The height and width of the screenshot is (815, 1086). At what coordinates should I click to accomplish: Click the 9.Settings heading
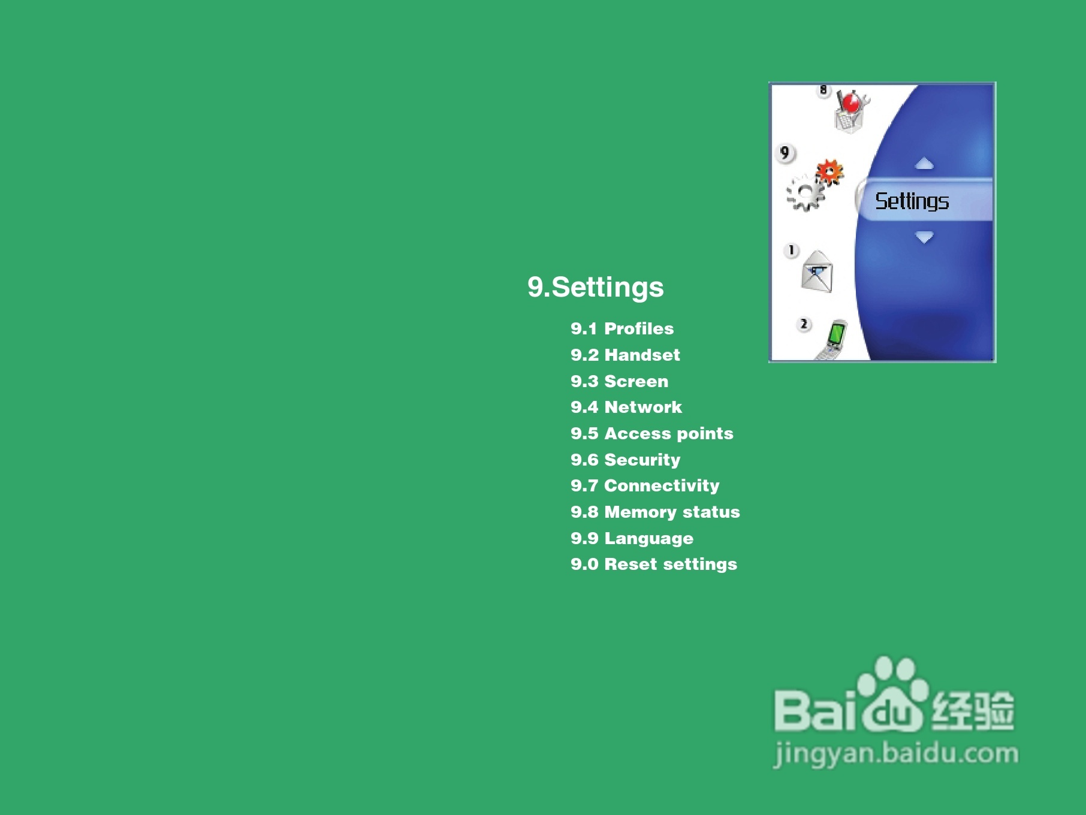[596, 288]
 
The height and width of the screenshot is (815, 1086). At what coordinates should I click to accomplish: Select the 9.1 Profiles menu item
[622, 328]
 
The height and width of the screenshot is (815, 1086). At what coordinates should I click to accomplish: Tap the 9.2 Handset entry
[625, 355]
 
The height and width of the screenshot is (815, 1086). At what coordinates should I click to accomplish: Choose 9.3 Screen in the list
[619, 381]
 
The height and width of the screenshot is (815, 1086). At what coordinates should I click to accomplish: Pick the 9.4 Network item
[626, 407]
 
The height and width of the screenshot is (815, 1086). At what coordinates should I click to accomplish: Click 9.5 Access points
[652, 433]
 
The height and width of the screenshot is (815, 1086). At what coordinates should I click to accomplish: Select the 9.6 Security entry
[626, 460]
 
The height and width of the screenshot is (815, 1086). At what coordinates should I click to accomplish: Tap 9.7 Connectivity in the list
[645, 485]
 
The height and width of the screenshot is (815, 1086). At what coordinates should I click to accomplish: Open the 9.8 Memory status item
[655, 512]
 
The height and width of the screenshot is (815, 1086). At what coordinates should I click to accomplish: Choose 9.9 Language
[632, 538]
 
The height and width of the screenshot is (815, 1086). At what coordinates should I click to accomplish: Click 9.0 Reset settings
[654, 564]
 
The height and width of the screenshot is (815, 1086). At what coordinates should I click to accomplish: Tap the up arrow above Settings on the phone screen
[924, 163]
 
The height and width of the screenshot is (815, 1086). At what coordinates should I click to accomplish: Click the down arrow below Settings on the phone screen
[924, 237]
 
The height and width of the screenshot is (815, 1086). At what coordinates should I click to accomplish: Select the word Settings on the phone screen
[912, 201]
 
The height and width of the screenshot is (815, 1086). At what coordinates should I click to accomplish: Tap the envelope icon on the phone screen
[817, 271]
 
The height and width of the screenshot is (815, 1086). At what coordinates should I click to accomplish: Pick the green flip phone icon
[832, 340]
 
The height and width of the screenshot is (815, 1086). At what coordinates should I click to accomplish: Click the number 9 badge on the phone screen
[785, 153]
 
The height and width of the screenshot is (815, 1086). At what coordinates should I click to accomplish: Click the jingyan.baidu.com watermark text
[896, 754]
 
